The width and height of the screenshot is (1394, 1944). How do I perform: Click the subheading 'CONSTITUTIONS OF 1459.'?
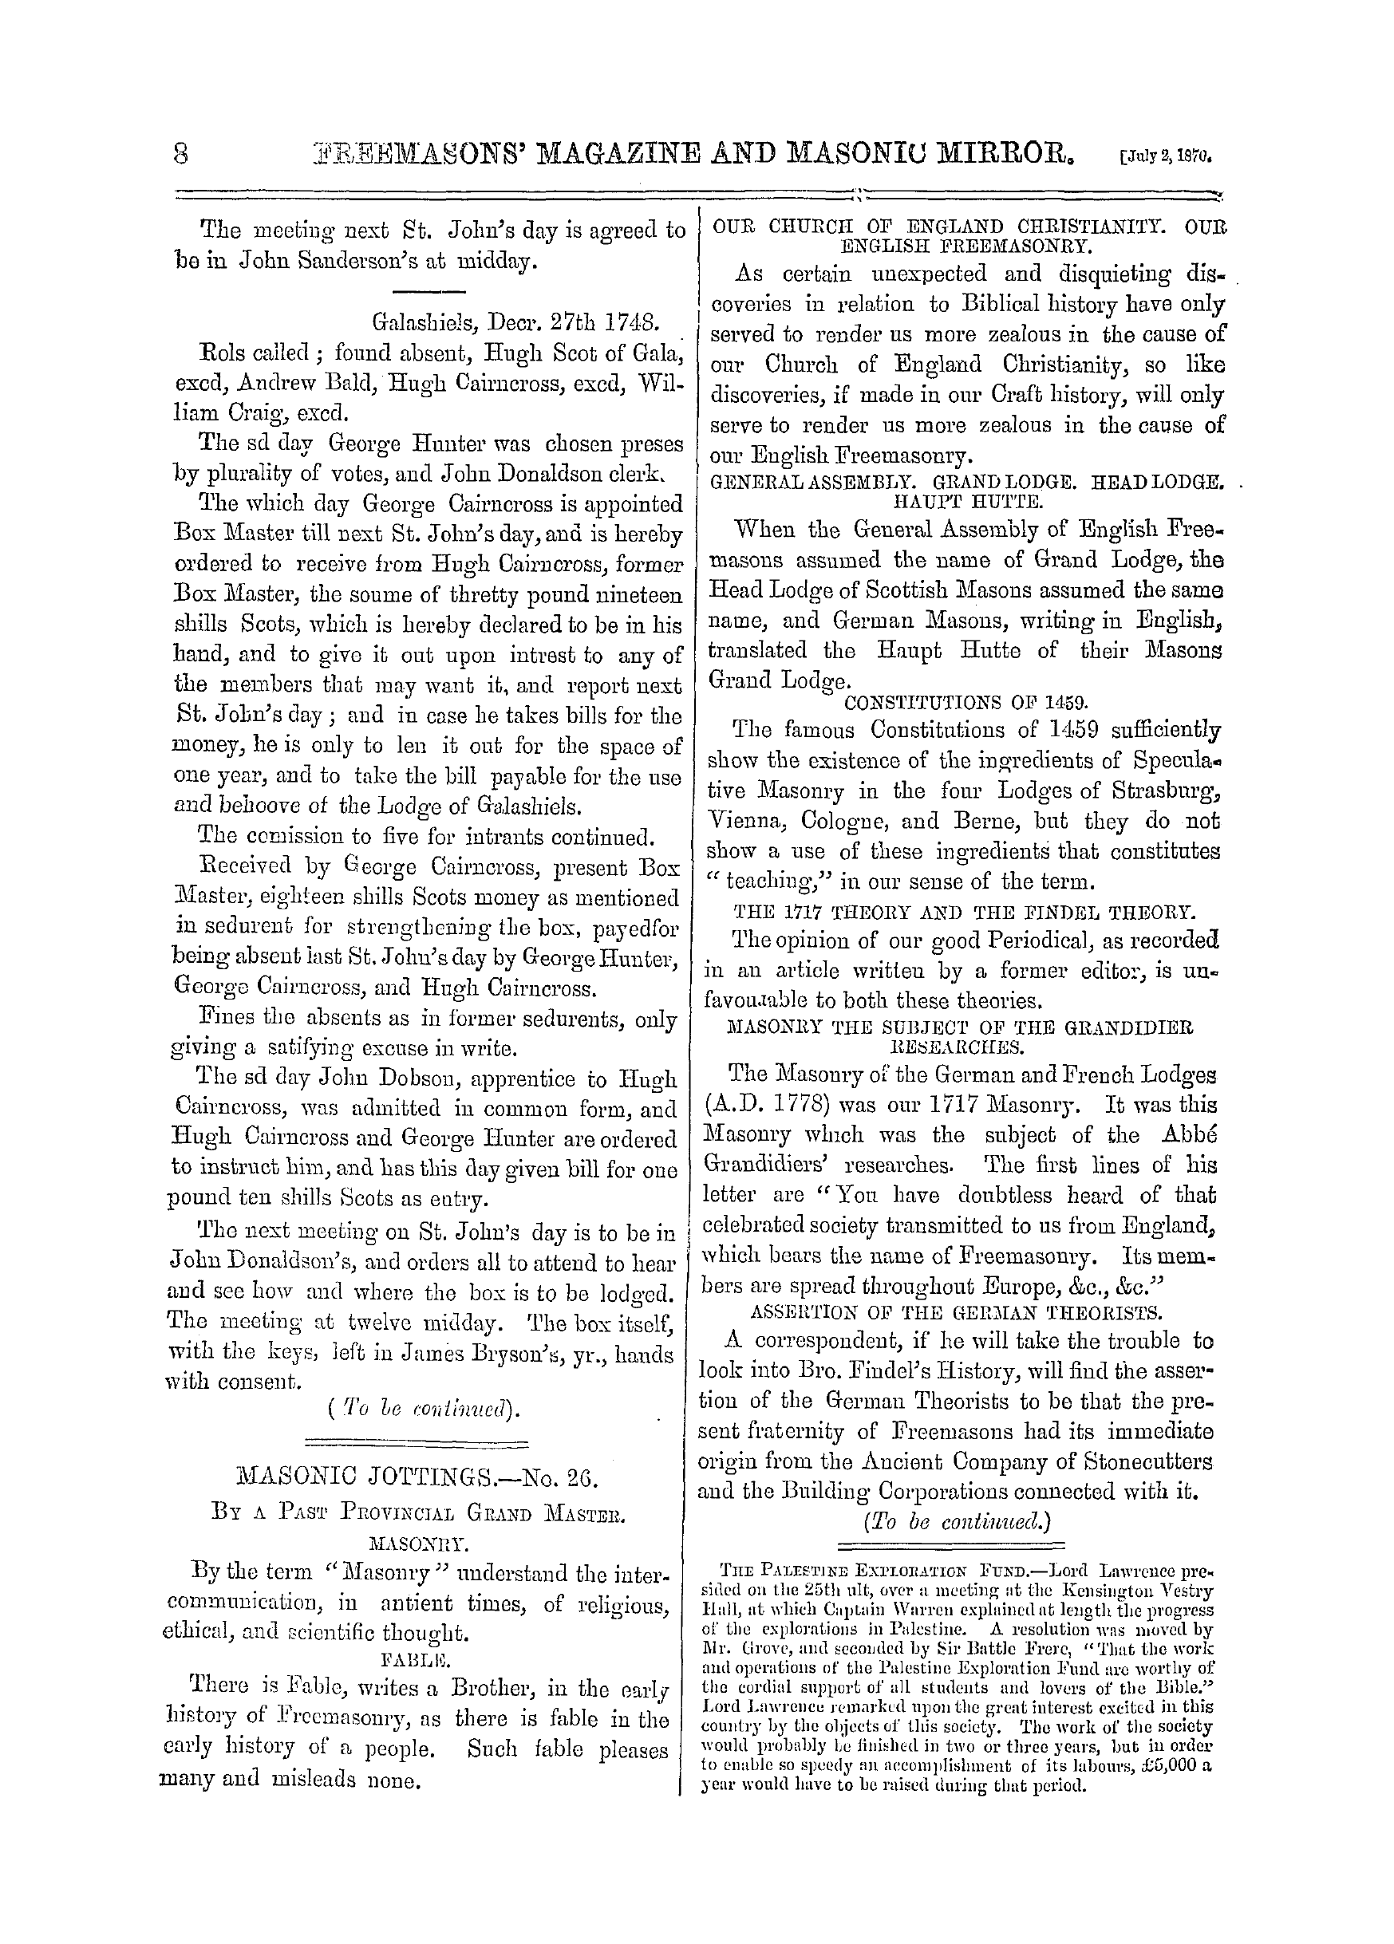pos(966,702)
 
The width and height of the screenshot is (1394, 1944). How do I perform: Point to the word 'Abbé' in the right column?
pos(1193,1136)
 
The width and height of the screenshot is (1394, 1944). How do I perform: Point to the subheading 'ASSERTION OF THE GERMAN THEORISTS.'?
pos(956,1312)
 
